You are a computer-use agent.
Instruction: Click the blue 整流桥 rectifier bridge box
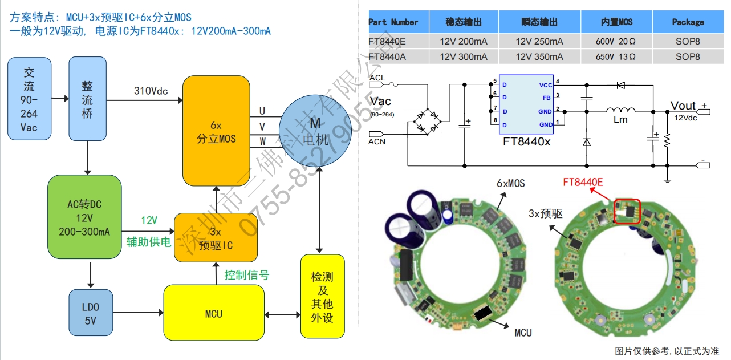[x=87, y=99]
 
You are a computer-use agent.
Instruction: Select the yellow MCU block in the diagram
[x=214, y=312]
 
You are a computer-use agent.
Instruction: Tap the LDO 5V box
[x=90, y=313]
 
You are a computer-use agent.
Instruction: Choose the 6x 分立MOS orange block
[x=216, y=131]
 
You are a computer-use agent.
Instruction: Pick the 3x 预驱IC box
[x=216, y=237]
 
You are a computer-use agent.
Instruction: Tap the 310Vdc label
[x=151, y=91]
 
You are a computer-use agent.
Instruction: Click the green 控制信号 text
[x=246, y=275]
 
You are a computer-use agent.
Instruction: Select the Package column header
[x=688, y=22]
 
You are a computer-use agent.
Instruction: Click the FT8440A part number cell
[x=388, y=56]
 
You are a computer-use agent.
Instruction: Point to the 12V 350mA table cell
[x=539, y=56]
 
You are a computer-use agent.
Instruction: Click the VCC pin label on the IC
[x=545, y=84]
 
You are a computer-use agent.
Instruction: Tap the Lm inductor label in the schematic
[x=620, y=120]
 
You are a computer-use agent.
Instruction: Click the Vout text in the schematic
[x=683, y=106]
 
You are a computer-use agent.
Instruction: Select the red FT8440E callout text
[x=583, y=182]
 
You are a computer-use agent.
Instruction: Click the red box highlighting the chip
[x=627, y=211]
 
